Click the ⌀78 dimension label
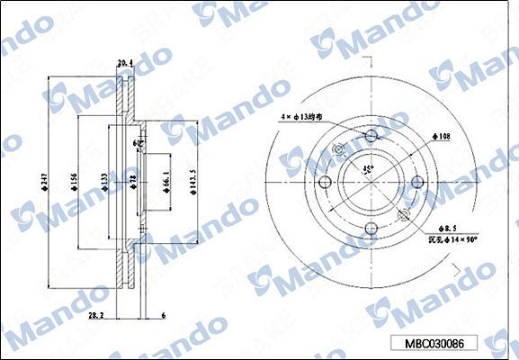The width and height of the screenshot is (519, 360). click(131, 184)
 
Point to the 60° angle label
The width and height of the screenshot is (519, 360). click(138, 142)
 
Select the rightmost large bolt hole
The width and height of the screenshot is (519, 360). click(416, 184)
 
